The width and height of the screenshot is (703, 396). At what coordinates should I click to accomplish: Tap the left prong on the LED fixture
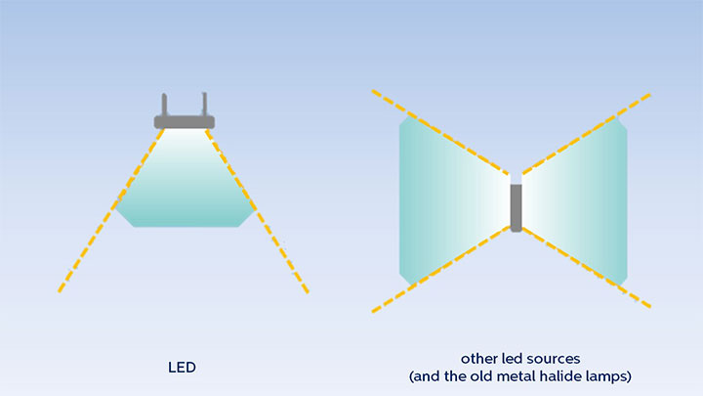pyautogui.click(x=165, y=104)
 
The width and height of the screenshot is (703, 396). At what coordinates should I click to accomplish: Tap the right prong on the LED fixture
pyautogui.click(x=203, y=104)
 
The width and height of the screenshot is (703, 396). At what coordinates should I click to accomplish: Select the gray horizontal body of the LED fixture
pyautogui.click(x=184, y=121)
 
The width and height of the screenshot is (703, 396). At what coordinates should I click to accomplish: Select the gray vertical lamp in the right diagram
pyautogui.click(x=516, y=206)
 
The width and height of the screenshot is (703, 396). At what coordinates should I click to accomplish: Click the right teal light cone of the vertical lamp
pyautogui.click(x=581, y=200)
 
